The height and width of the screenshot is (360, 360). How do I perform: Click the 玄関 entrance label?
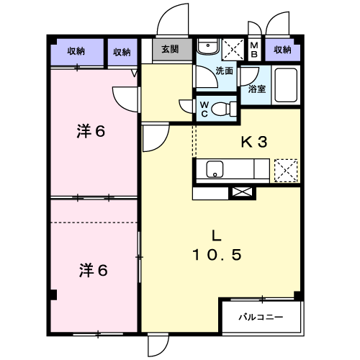pyautogui.click(x=170, y=50)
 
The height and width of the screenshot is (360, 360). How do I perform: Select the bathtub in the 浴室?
pyautogui.click(x=286, y=85)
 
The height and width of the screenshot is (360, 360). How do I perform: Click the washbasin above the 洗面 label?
pyautogui.click(x=208, y=46)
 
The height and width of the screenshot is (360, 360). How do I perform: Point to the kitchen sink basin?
pyautogui.click(x=215, y=169)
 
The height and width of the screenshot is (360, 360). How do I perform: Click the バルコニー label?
pyautogui.click(x=261, y=318)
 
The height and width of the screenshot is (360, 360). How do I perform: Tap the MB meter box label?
pyautogui.click(x=254, y=50)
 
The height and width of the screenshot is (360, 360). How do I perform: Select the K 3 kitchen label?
pyautogui.click(x=254, y=142)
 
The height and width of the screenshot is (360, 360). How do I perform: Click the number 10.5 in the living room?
pyautogui.click(x=217, y=255)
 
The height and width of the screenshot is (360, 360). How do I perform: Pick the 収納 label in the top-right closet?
pyautogui.click(x=283, y=50)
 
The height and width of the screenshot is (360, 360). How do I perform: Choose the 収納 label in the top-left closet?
pyautogui.click(x=76, y=51)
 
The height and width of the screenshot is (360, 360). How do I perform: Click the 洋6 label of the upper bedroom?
pyautogui.click(x=91, y=131)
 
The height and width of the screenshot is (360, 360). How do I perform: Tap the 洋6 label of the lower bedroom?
pyautogui.click(x=93, y=270)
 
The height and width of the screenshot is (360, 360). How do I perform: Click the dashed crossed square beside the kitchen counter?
pyautogui.click(x=286, y=171)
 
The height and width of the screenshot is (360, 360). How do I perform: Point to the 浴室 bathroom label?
pyautogui.click(x=257, y=89)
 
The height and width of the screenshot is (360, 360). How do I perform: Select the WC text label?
pyautogui.click(x=204, y=109)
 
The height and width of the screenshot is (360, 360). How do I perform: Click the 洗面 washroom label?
pyautogui.click(x=225, y=71)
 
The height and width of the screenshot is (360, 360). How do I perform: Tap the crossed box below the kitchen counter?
pyautogui.click(x=242, y=193)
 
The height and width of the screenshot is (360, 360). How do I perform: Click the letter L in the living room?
pyautogui.click(x=216, y=235)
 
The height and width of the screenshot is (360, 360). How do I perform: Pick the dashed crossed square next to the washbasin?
pyautogui.click(x=233, y=50)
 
